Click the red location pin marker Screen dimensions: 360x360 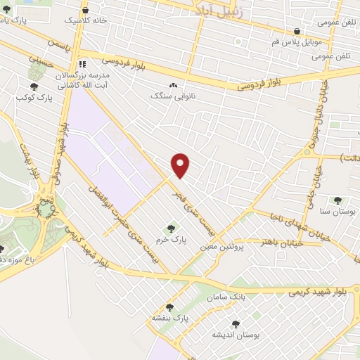tap(181, 165)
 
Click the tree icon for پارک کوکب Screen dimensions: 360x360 tap(34, 86)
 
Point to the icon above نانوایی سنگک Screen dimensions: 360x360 tap(172, 85)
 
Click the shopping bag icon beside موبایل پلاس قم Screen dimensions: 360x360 tap(297, 32)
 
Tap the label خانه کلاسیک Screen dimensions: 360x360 tap(105, 20)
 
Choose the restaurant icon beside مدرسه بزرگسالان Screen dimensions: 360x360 tap(82, 63)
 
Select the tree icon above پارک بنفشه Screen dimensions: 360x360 tap(169, 307)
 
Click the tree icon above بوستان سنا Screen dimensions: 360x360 tap(337, 200)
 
